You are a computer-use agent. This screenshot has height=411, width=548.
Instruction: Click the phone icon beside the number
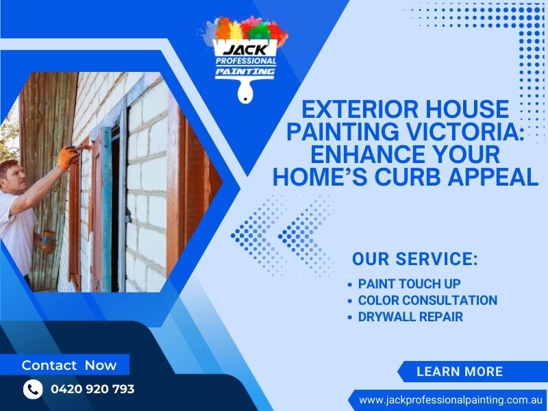click(33, 389)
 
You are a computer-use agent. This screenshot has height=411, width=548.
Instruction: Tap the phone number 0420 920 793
click(92, 389)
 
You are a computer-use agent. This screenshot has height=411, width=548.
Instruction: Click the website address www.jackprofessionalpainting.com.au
click(451, 399)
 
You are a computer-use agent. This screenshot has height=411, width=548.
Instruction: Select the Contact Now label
click(69, 365)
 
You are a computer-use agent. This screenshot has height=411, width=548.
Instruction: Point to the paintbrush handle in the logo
click(244, 91)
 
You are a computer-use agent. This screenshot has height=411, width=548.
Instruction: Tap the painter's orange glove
click(68, 156)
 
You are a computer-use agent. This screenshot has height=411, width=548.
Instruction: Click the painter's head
click(12, 177)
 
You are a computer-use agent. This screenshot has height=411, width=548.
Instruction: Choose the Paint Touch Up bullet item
click(409, 284)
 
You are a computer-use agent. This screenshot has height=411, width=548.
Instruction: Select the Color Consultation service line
click(427, 300)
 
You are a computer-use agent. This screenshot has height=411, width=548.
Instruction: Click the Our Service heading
click(414, 260)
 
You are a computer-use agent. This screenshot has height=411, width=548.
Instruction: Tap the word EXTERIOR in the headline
click(354, 110)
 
